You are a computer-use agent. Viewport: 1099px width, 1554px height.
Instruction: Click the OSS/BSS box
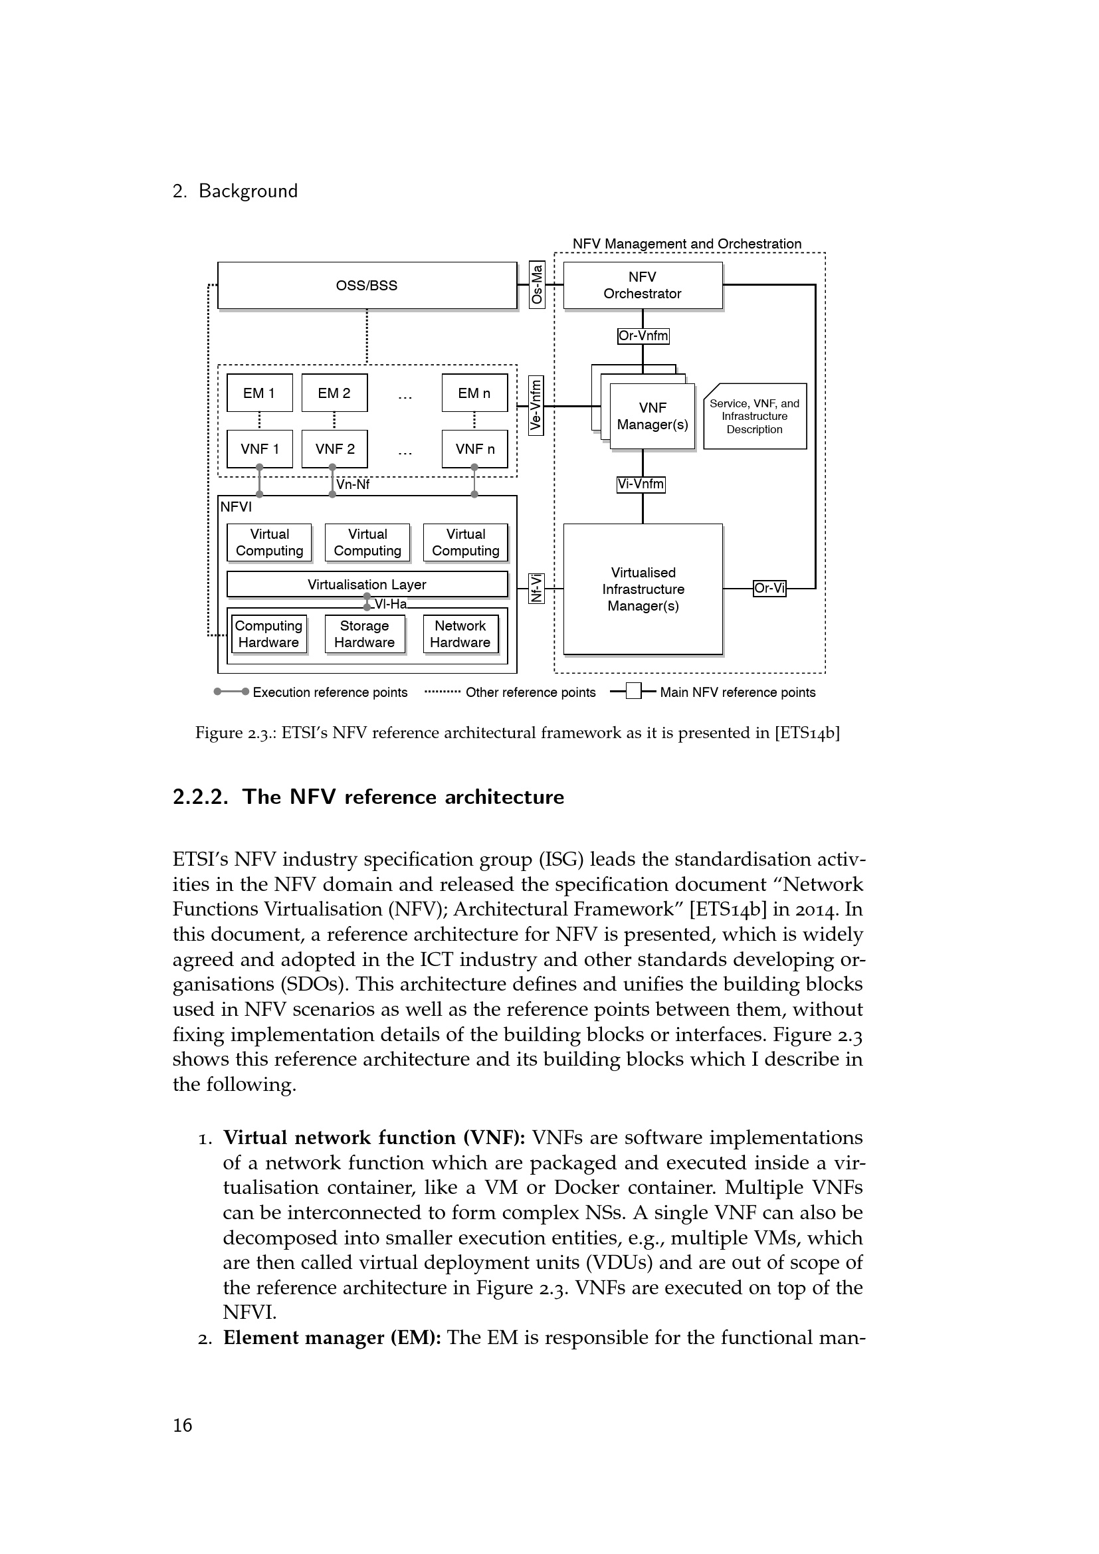point(367,286)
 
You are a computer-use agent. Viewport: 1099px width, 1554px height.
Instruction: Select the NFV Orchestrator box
point(643,286)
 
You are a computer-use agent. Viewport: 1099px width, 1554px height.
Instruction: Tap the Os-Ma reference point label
point(537,285)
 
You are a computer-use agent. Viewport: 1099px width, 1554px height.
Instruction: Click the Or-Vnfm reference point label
point(643,336)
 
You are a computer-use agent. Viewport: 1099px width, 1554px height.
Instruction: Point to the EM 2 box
point(334,393)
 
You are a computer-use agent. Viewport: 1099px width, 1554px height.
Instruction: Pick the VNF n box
point(474,448)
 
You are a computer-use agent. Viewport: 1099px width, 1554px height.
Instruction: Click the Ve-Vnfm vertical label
point(536,405)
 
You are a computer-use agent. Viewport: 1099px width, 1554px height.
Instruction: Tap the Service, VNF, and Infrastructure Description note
point(755,417)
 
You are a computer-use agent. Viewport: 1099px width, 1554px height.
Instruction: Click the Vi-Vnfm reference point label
point(641,484)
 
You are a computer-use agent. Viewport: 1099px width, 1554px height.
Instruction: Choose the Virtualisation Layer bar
point(367,584)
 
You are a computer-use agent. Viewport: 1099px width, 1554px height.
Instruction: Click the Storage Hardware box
point(364,634)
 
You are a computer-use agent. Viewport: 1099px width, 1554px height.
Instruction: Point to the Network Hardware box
point(460,634)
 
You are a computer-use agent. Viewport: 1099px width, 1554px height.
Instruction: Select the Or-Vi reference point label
point(769,588)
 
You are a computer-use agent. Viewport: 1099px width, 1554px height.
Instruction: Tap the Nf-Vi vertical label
point(536,588)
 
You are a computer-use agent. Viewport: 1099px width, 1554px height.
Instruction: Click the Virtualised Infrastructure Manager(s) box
point(643,589)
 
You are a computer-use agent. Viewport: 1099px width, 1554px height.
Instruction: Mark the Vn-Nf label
point(353,484)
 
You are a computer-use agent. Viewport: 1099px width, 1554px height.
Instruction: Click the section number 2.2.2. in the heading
point(200,797)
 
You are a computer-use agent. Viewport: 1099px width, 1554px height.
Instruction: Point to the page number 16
point(183,1425)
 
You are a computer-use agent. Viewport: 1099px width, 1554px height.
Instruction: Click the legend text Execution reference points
point(330,692)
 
